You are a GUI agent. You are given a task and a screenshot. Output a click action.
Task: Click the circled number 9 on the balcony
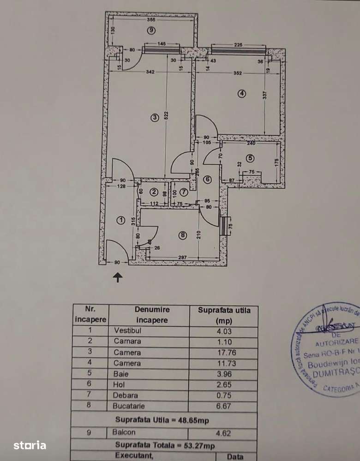pos(150,30)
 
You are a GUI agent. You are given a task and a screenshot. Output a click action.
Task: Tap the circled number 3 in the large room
pos(155,118)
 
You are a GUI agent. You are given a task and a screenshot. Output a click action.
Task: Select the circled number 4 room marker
pos(242,93)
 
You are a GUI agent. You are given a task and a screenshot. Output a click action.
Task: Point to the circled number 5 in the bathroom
pos(250,158)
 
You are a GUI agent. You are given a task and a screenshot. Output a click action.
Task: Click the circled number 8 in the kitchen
pos(183,235)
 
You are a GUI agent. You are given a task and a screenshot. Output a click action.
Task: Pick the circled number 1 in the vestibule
pos(121,220)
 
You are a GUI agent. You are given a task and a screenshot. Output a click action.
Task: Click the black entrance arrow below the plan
pos(118,277)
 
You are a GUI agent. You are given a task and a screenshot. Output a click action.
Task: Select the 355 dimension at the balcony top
pos(150,20)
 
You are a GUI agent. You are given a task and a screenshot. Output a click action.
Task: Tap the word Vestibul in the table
pos(127,330)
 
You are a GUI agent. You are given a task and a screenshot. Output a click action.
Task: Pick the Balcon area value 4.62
pos(223,433)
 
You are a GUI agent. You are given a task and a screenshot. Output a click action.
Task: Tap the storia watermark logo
pos(30,445)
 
